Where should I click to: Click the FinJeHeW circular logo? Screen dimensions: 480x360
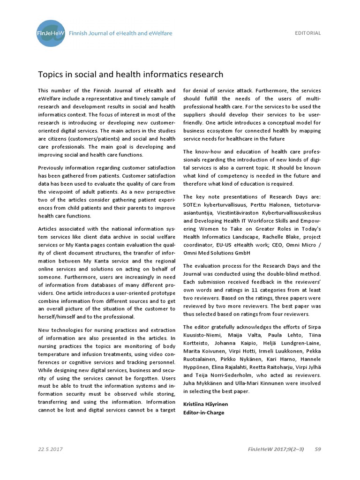click(51, 33)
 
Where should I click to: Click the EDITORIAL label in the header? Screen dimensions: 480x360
click(307, 33)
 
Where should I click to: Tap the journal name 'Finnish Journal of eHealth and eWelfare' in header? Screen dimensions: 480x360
click(120, 33)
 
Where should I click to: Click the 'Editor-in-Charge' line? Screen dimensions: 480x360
click(204, 412)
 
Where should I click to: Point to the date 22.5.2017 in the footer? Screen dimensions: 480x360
click(51, 449)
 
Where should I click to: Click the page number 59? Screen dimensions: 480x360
click(318, 449)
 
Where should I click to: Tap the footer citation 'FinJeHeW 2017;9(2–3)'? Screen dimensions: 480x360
click(276, 449)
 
